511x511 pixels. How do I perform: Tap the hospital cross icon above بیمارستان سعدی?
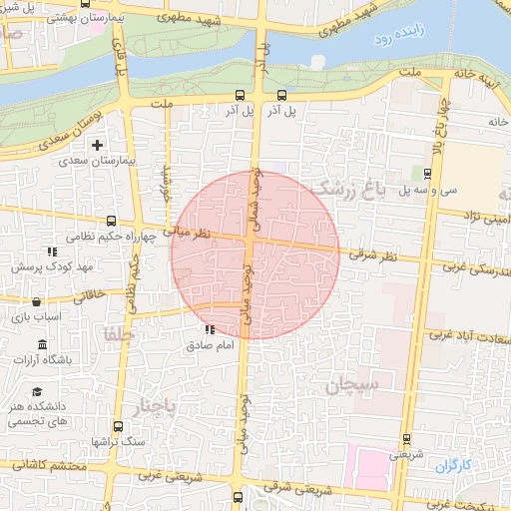tap(97, 146)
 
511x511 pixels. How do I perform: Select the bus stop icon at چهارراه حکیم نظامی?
tap(111, 222)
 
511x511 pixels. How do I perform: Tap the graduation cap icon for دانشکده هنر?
tap(37, 393)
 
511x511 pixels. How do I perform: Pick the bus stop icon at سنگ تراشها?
tap(119, 426)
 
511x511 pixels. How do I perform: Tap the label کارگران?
tap(452, 466)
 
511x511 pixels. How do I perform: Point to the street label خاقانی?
tap(82, 295)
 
